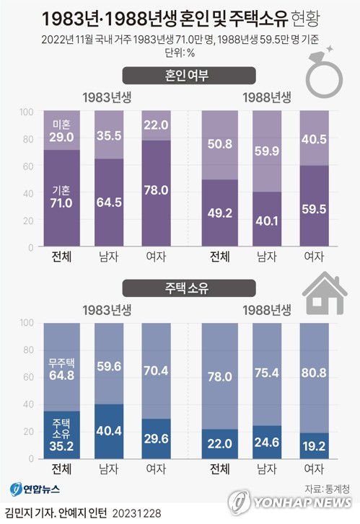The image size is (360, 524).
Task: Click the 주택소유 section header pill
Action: pyautogui.click(x=180, y=288)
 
